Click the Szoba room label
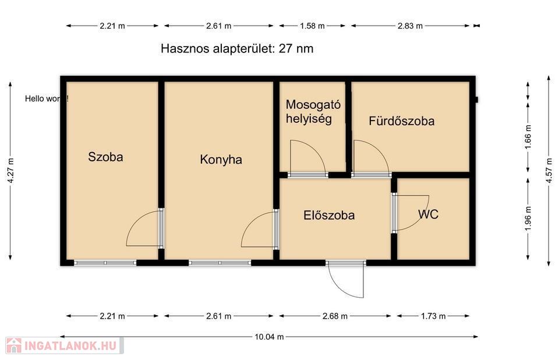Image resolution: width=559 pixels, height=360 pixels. pos(105,157)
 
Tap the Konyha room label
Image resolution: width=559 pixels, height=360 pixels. pos(221,160)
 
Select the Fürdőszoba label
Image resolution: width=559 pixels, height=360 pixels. pos(401,121)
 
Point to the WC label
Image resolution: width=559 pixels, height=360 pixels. pos(428,214)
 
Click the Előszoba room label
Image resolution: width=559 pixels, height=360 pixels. pos(329,215)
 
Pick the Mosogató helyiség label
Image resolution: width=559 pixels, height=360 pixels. pos(313,112)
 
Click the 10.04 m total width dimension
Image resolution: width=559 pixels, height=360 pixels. pos(269,337)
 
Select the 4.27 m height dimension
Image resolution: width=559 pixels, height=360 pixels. pos(10,171)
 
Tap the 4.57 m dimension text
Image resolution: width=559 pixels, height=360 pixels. pos(549,171)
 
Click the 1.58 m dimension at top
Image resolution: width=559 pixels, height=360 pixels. pos(312,26)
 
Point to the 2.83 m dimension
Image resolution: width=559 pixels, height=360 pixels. pos(410,26)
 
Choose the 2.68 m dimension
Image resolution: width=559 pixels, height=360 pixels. pos(335,316)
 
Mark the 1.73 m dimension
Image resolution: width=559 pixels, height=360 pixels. pos(433,316)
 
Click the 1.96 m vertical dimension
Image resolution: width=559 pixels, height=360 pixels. pos(528,218)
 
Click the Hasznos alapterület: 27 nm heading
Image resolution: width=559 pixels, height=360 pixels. pos(237,48)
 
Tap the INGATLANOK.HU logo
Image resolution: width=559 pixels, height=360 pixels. pos(65,345)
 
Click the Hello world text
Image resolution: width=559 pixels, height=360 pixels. pos(47,98)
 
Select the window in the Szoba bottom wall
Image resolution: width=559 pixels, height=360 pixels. pos(105,263)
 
